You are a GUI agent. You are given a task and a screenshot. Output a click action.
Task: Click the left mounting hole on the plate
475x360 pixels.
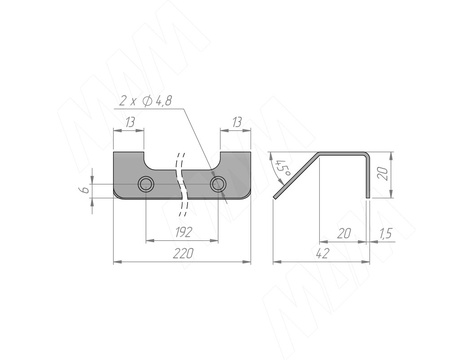pos(146,184)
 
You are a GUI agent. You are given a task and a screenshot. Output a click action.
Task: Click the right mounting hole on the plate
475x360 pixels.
pos(218,184)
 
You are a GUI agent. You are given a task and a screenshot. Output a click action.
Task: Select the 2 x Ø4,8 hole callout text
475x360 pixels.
pos(146,100)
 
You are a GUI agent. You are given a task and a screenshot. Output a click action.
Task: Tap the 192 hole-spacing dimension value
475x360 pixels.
pos(184,232)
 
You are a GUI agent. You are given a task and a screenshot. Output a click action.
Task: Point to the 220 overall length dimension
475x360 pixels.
pos(183,254)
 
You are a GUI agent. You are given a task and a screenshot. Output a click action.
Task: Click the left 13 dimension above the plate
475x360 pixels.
pos(130,122)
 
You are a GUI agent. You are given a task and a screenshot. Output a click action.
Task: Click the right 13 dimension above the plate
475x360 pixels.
pos(236,122)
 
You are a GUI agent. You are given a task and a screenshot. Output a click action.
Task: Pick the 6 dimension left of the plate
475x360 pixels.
pos(85,189)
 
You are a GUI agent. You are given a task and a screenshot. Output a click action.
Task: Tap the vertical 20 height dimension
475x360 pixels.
pos(383,174)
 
